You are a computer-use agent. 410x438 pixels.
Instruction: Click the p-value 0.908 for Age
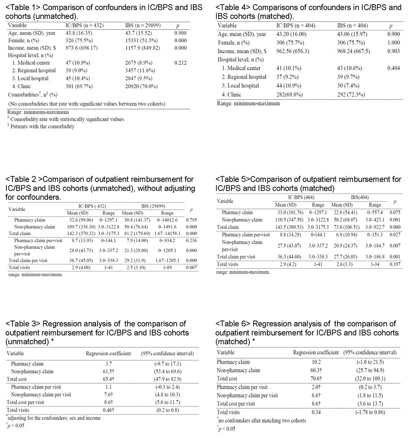tap(180, 33)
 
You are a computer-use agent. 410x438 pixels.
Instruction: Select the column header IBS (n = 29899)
tap(143, 25)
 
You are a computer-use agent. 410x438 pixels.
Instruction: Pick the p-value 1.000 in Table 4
tap(394, 43)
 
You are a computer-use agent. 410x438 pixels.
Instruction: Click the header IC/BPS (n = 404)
tap(296, 26)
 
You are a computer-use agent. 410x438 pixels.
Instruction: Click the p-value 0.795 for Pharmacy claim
tap(191, 220)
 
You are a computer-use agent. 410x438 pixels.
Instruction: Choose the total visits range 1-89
tap(167, 267)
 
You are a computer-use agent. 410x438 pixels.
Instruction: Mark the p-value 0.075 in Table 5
tap(395, 213)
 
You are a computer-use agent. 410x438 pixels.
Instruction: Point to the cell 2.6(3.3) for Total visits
tap(342, 264)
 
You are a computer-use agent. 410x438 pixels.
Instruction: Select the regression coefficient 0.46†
tap(108, 410)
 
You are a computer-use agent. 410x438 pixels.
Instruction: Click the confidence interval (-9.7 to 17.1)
tap(167, 364)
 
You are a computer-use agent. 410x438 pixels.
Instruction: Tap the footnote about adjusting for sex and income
tap(54, 418)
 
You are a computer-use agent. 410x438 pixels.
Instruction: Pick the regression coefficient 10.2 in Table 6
tap(316, 362)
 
